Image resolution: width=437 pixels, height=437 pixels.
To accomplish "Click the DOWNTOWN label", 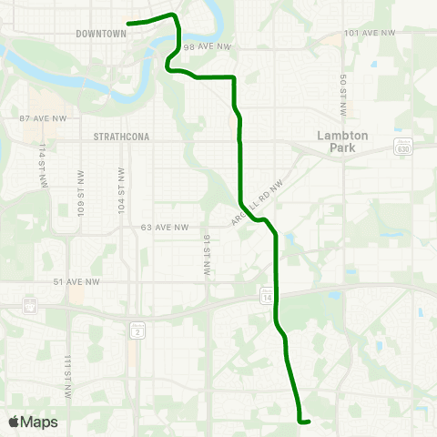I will (x=100, y=34).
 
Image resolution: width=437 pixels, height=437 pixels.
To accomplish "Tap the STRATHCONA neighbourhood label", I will (x=121, y=137).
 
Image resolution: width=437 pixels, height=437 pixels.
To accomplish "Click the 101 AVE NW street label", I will (x=371, y=33).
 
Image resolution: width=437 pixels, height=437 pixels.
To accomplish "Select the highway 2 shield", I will (x=137, y=334).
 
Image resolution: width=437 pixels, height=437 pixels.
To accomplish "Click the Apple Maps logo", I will (x=33, y=422).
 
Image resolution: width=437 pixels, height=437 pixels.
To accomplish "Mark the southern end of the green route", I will (x=309, y=421).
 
